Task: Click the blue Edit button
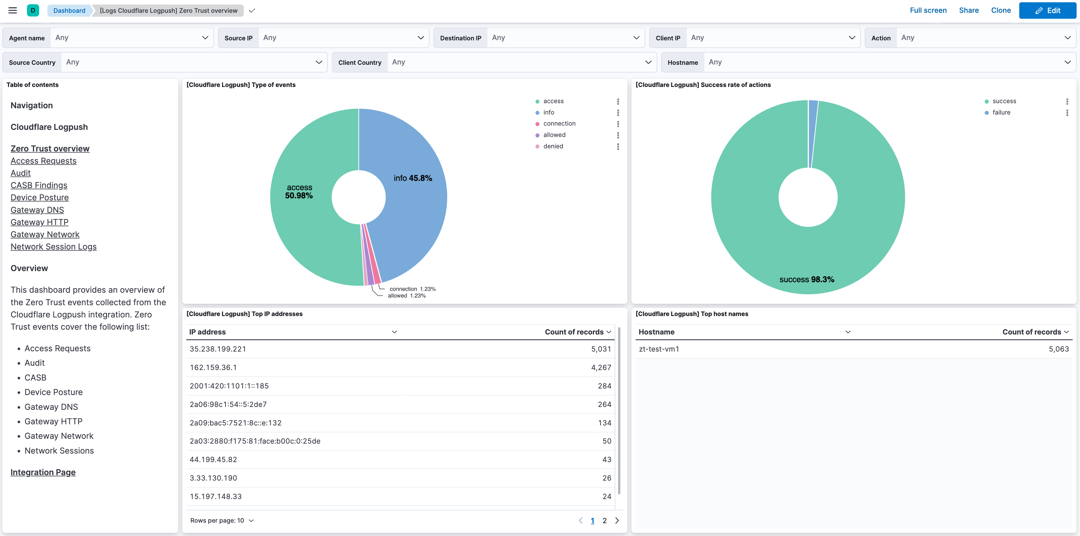[1047, 11]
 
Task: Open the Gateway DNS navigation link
[37, 210]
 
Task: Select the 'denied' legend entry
[553, 146]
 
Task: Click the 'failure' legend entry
[1001, 113]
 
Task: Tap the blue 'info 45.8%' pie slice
[415, 210]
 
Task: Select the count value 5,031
[601, 349]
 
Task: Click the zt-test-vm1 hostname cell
[659, 349]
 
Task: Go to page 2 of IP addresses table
[604, 520]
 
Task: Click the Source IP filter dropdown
[343, 38]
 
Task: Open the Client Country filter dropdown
[520, 62]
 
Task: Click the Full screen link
[928, 11]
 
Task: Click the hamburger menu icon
[12, 11]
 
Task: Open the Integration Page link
[43, 472]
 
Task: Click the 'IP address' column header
[208, 332]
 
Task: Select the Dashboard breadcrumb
[69, 11]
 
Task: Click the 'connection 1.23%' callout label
[412, 289]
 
